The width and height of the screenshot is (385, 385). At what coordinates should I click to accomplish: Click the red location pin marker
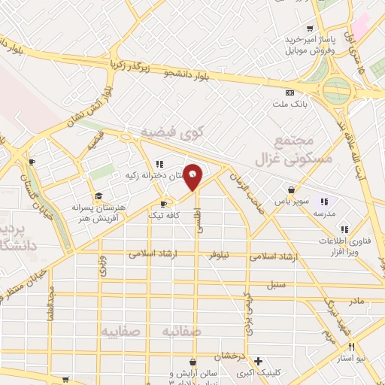click(193, 176)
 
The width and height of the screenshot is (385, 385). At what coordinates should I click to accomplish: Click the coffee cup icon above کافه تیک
click(163, 203)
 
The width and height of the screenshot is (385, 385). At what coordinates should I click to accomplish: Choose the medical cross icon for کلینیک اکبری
click(258, 360)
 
